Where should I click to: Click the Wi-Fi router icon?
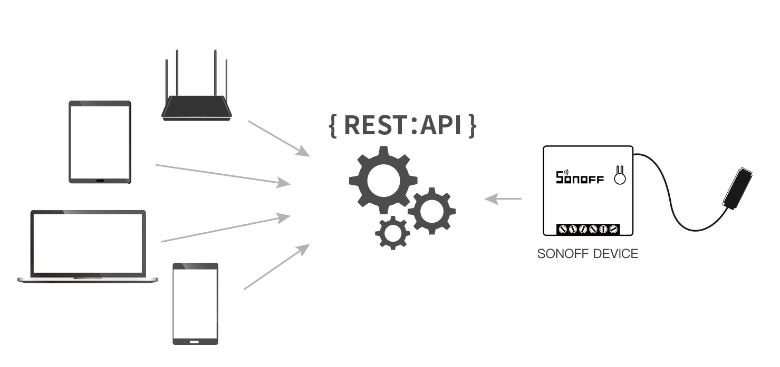click(196, 105)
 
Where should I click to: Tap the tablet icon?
click(100, 142)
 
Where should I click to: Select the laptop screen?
click(88, 243)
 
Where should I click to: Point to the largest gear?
click(383, 181)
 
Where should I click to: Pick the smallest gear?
click(392, 232)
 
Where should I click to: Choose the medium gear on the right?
click(431, 211)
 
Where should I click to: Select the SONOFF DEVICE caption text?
click(588, 254)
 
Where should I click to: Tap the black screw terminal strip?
click(588, 229)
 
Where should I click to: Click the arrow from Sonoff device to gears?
click(503, 199)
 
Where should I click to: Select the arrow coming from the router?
click(278, 138)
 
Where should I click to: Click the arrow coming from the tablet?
click(223, 174)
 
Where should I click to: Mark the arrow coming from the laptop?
click(225, 229)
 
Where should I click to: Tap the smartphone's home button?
click(195, 341)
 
